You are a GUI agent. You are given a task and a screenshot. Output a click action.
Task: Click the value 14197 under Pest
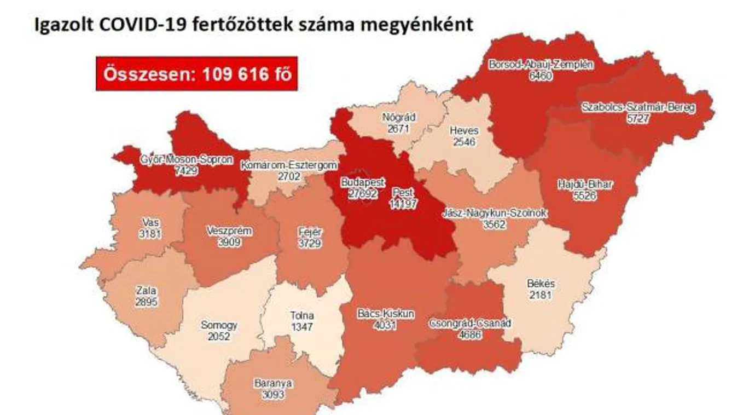coord(403,204)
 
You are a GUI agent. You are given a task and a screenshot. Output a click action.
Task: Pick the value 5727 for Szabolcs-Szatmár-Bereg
coord(639,118)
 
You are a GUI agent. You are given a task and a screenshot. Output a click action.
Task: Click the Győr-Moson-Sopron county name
coord(187,160)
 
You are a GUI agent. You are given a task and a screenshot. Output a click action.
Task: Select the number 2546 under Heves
coord(464,142)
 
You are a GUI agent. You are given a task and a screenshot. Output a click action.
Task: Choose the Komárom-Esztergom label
coord(289,165)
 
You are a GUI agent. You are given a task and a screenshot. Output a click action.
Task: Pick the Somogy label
coord(219,325)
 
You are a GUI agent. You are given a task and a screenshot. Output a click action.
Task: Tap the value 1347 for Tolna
coord(301,327)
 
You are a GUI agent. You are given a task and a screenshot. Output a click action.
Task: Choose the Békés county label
coord(541,284)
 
